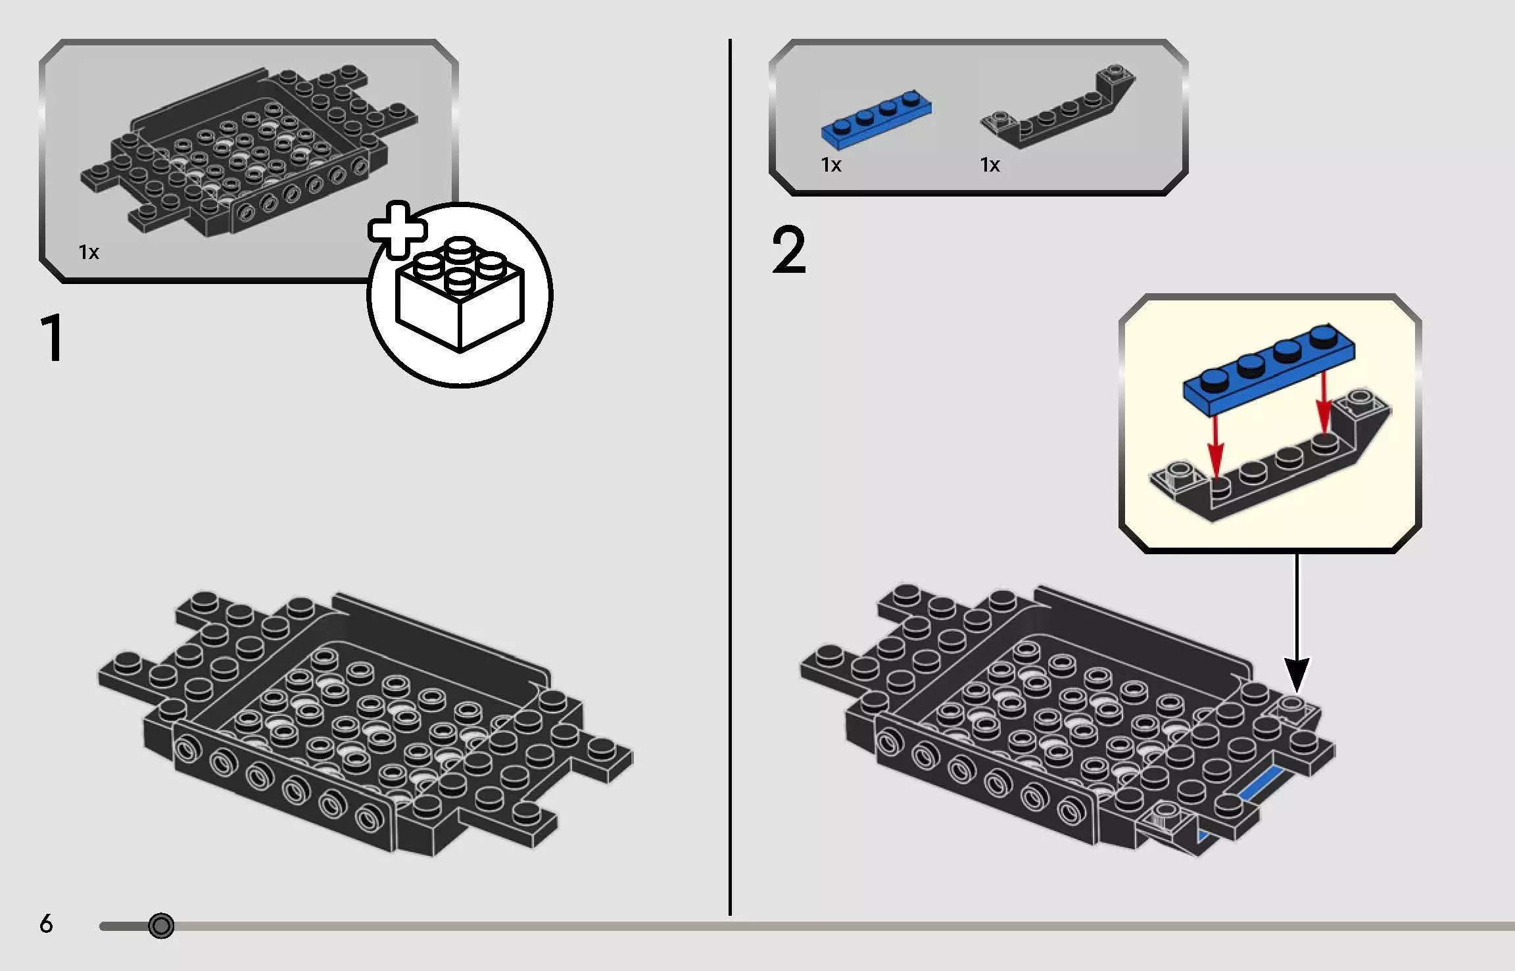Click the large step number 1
point(53,338)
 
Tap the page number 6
point(46,924)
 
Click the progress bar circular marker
point(161,926)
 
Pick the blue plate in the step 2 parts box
point(876,118)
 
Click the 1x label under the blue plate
point(831,165)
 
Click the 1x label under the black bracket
point(990,165)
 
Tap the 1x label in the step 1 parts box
point(89,252)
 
